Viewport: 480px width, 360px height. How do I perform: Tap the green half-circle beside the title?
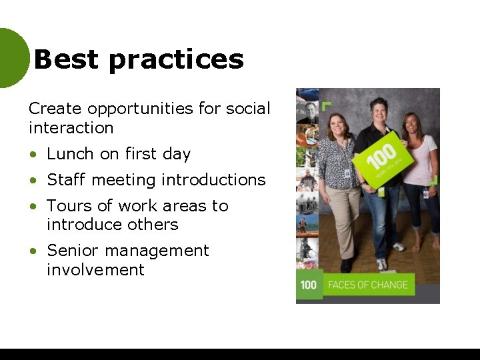[x=12, y=59]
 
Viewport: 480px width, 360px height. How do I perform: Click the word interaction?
[x=71, y=127]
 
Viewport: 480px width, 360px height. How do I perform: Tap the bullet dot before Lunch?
[x=33, y=155]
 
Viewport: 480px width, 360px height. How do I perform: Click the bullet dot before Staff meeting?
[x=33, y=181]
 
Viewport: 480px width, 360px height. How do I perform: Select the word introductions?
[x=213, y=180]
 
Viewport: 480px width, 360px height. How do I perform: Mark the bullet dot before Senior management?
[x=33, y=251]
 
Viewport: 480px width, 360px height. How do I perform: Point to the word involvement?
[x=95, y=270]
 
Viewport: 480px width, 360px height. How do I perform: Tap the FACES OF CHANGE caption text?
[x=367, y=285]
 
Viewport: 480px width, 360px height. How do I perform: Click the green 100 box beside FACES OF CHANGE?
[x=309, y=285]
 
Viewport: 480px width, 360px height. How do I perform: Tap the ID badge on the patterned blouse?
[x=347, y=173]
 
